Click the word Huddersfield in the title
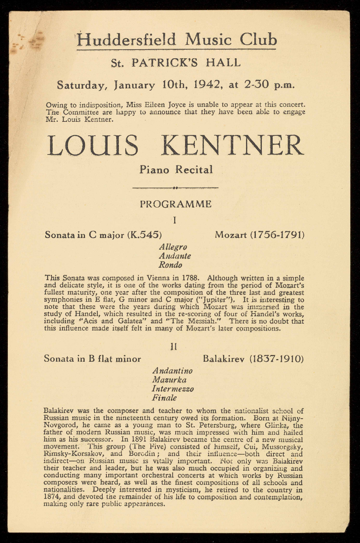[126, 40]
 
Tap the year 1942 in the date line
[209, 85]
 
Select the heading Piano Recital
[176, 170]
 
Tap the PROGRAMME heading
[176, 204]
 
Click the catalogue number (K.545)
[145, 235]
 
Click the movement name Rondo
[170, 265]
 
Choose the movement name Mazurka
[169, 380]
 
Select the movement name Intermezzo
[173, 389]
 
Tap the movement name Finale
[164, 398]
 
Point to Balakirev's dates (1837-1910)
[276, 359]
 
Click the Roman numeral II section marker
[173, 346]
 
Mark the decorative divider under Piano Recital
[176, 187]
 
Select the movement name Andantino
[172, 371]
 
